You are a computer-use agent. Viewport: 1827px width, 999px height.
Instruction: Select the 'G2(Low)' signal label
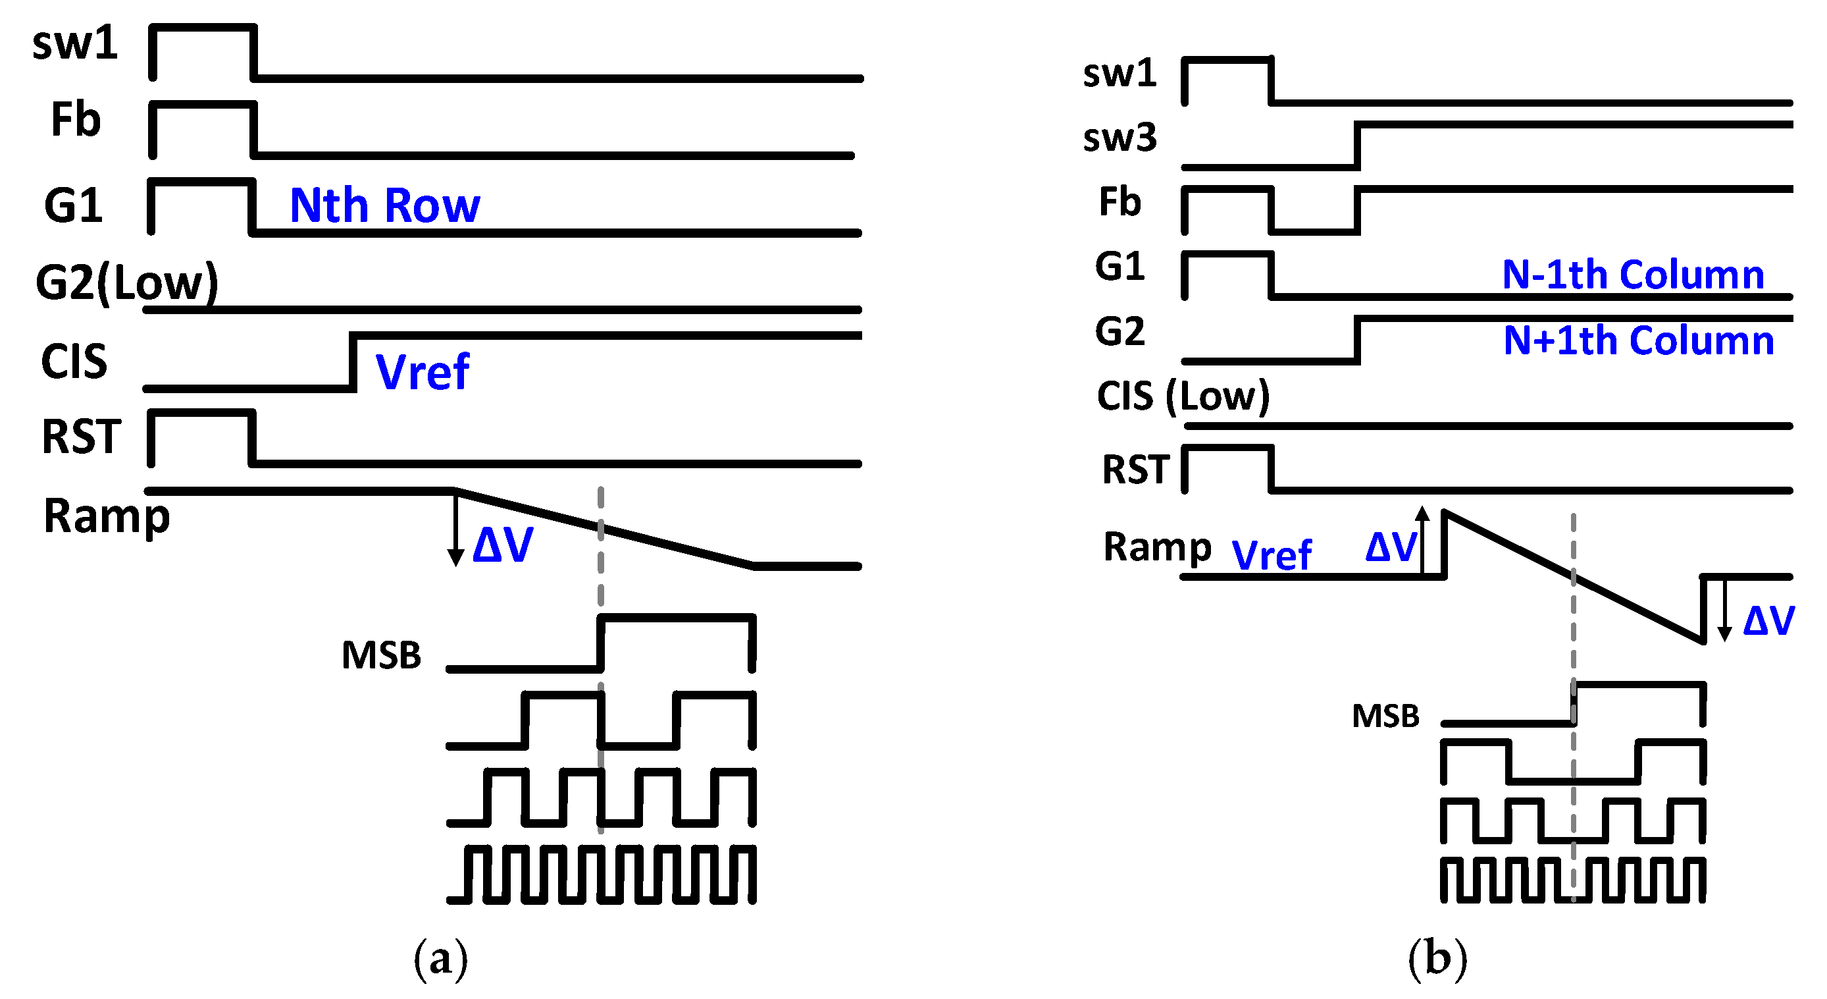[x=126, y=283]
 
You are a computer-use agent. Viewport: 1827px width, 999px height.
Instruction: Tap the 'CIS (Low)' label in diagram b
[x=1182, y=396]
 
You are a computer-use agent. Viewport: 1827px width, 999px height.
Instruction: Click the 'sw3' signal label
[x=1119, y=138]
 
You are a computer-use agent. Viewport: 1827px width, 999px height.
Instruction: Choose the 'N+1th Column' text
[x=1638, y=340]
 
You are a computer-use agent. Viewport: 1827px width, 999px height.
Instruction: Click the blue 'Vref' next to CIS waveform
[x=422, y=372]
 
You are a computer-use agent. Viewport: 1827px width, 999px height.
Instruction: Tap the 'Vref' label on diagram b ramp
[x=1272, y=555]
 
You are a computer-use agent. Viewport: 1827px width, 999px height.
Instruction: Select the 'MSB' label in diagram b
[x=1385, y=716]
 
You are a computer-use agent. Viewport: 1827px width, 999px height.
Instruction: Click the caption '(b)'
[x=1437, y=959]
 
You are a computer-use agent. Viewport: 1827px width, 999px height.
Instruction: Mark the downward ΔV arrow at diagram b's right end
[x=1724, y=610]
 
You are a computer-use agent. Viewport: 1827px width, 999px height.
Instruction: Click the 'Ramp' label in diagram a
[x=107, y=516]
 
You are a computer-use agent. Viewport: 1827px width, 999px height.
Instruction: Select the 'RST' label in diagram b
[x=1135, y=470]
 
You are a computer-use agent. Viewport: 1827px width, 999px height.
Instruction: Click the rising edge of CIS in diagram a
[x=353, y=362]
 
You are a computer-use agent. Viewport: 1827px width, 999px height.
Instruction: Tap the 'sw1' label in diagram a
[x=74, y=44]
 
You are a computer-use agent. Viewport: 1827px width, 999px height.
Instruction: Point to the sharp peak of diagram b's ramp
[x=1445, y=512]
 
